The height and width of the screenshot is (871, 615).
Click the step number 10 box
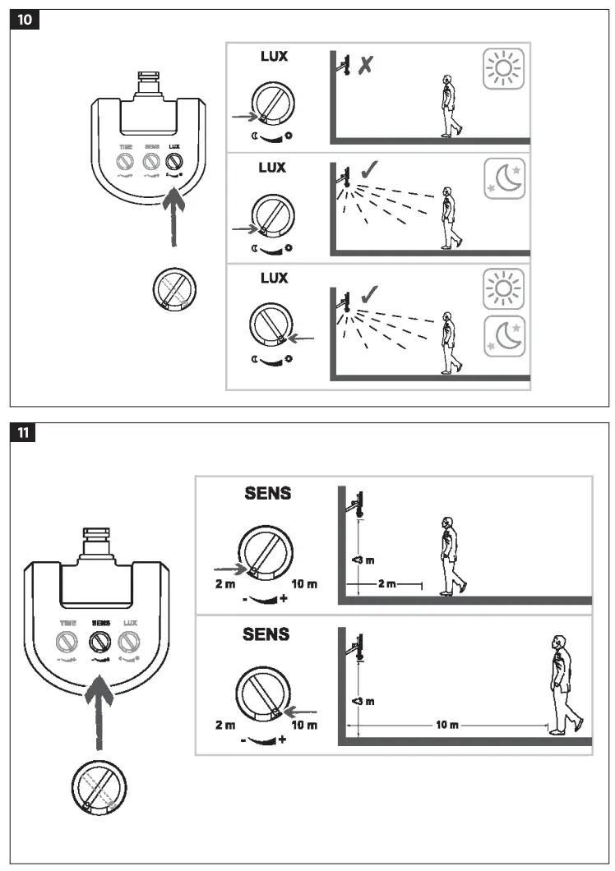tap(25, 20)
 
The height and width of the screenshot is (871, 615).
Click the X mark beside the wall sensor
tap(365, 64)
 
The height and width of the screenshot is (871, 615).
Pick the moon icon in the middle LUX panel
tap(502, 179)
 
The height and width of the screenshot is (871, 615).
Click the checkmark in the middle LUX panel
tap(370, 170)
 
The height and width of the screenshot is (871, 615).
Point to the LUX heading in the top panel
tap(273, 58)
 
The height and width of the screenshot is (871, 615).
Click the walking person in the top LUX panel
tap(448, 106)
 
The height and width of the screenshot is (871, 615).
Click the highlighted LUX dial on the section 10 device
tap(173, 162)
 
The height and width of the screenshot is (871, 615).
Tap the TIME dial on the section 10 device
tap(126, 162)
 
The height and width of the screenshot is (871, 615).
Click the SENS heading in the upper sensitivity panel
tap(267, 494)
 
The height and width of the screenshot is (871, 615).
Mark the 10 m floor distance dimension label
tap(447, 726)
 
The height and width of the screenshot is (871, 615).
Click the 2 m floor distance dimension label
tap(387, 584)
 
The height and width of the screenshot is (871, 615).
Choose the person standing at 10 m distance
tap(563, 684)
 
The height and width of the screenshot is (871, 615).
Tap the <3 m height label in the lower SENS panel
tap(363, 700)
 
